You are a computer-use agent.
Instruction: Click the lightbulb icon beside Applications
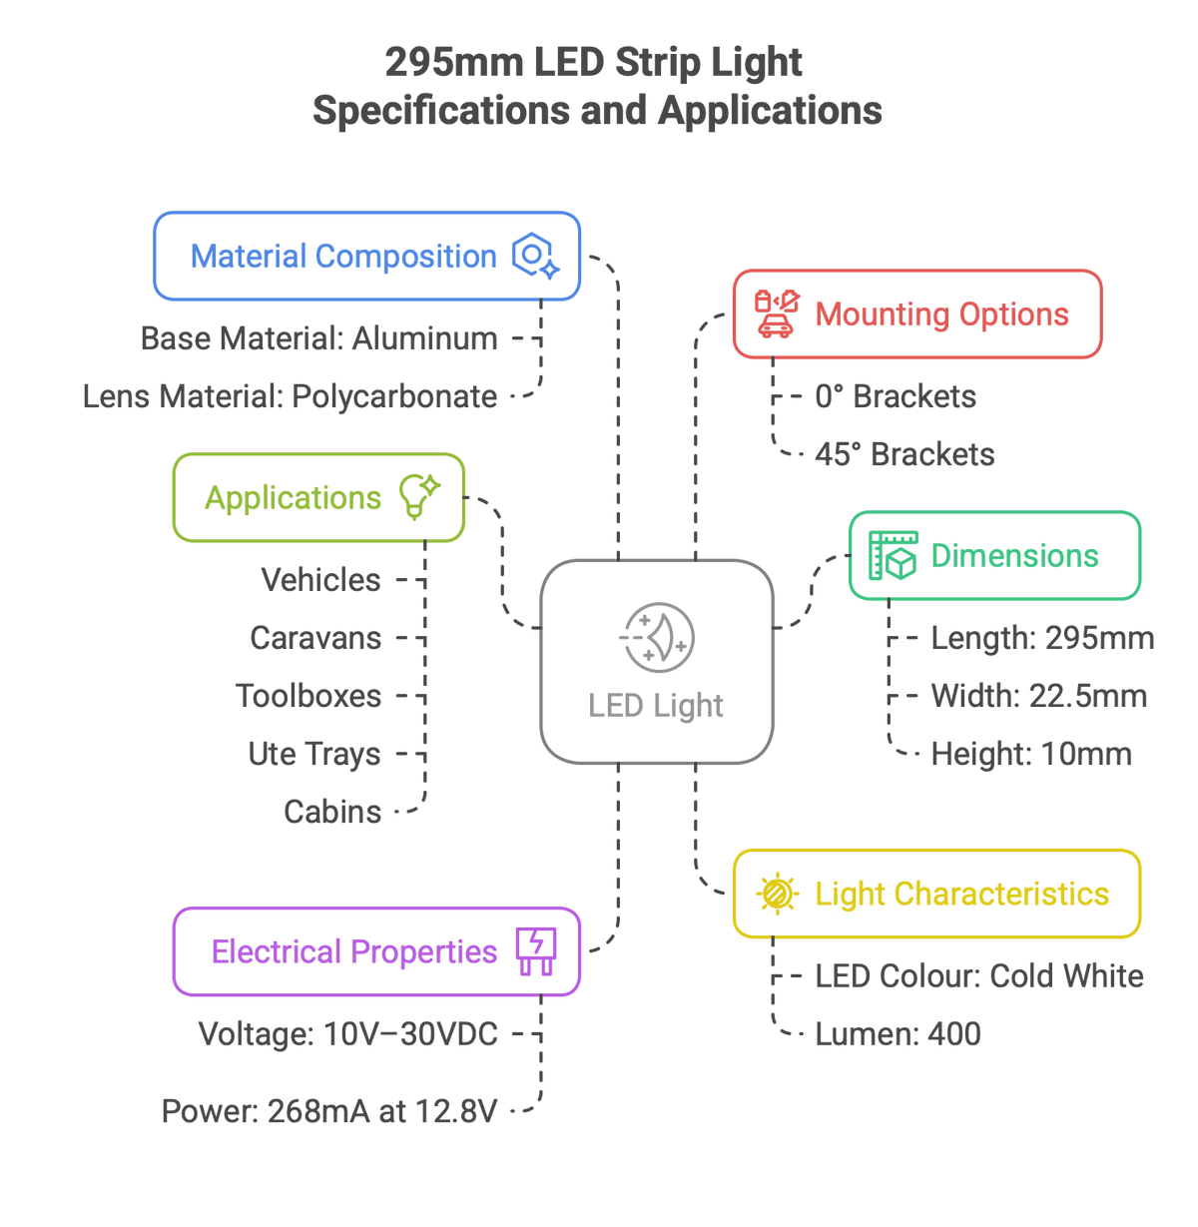pos(419,497)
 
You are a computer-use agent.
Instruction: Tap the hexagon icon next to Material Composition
pos(535,256)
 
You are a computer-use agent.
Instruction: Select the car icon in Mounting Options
pos(777,313)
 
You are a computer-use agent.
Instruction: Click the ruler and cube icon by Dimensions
pos(893,555)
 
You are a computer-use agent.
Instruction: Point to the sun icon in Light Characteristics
pos(777,894)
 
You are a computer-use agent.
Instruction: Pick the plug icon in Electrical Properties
pos(536,951)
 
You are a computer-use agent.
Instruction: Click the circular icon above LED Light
pos(657,637)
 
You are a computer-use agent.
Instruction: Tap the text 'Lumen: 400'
pos(898,1034)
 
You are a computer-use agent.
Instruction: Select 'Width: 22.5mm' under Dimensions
pos(1038,696)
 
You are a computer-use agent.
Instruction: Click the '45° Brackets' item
pos(904,454)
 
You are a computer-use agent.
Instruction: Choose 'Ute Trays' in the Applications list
pos(314,754)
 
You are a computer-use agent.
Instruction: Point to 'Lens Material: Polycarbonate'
pos(290,397)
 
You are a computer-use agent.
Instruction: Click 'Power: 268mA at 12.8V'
pos(329,1111)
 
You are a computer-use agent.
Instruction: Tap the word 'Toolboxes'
pos(308,696)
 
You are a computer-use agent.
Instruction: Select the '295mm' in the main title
pos(454,63)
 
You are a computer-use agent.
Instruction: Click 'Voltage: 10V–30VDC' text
pos(348,1034)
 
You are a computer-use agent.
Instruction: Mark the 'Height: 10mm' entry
pos(1031,754)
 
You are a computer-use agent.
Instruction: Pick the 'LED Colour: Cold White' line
pos(979,976)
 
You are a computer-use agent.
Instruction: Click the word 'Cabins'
pos(332,812)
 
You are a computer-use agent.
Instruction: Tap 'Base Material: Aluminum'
pos(319,338)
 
